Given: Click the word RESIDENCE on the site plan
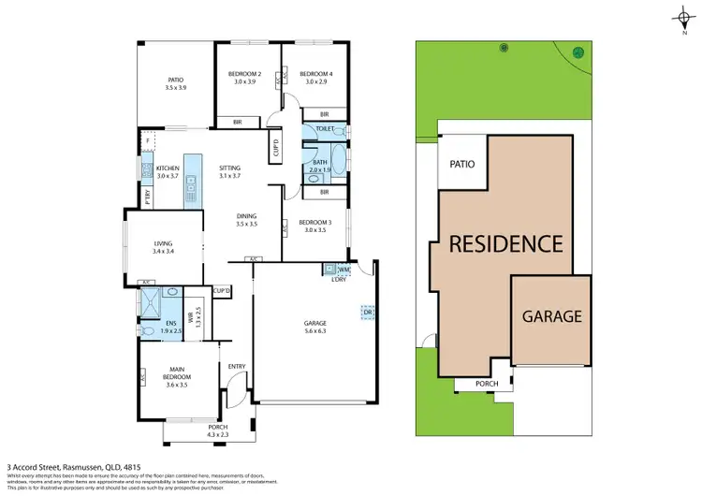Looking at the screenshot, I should coord(506,244).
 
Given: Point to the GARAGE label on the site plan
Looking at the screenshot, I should coord(551,316).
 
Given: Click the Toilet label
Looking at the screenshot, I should coord(326,128).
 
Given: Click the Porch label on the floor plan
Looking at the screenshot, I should coord(204,430).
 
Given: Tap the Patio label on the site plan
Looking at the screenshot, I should coord(461,164).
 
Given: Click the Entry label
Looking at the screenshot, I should coord(236,366).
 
